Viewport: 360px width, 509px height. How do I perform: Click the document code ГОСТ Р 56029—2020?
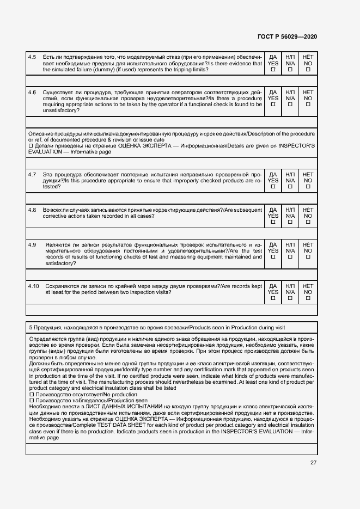tap(286, 36)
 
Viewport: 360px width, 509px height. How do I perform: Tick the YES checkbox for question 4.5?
tap(273, 70)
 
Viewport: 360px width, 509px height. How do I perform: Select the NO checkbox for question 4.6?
tap(308, 105)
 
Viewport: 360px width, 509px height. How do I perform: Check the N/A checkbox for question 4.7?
tap(290, 187)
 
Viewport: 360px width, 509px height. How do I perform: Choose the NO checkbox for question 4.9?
tap(308, 257)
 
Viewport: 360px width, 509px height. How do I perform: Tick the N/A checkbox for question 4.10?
tap(290, 298)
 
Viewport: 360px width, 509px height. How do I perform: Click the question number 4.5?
tap(32, 57)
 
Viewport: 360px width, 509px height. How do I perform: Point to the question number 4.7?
tap(32, 174)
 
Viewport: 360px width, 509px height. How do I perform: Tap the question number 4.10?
tap(34, 286)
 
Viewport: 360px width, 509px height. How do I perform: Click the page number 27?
tap(313, 463)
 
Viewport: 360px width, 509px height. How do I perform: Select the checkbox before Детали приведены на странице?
tap(30, 146)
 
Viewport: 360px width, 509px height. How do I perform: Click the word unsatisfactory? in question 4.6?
tap(60, 111)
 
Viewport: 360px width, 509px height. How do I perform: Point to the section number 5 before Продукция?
tap(30, 327)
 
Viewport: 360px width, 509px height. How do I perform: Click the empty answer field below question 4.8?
tap(172, 234)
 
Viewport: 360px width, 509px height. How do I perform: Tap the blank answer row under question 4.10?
tap(172, 310)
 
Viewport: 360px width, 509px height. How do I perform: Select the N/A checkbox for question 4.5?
tap(290, 70)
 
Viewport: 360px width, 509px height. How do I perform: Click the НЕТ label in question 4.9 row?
tap(308, 245)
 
